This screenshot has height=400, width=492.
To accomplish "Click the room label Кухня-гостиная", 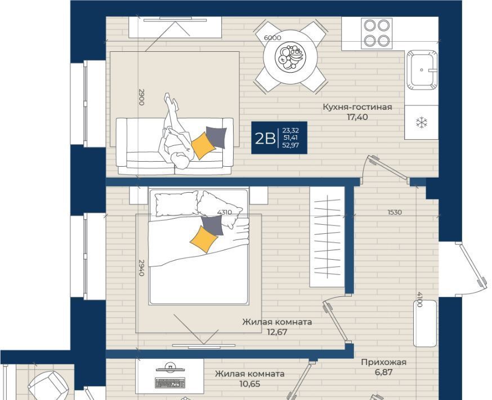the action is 357,107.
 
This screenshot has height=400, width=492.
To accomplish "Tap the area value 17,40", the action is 357,117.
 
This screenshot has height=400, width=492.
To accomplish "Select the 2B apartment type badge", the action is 279,137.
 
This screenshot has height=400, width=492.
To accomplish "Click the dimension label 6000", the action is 272,38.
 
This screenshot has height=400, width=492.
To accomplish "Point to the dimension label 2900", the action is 141,97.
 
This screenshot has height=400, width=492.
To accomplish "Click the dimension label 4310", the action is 225,212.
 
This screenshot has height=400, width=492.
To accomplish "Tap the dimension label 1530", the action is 395,212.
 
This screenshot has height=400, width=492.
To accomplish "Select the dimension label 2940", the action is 141,268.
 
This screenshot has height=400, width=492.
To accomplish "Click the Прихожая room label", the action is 383,362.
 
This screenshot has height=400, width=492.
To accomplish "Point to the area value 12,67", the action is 277,332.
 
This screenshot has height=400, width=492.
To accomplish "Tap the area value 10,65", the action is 250,384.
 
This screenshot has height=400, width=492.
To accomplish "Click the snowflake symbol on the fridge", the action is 422,122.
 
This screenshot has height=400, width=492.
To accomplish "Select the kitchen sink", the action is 422,70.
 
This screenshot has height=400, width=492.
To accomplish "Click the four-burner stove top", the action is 377,33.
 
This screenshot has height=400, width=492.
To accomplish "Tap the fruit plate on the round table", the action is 290,57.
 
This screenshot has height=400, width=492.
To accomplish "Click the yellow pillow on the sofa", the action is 203,146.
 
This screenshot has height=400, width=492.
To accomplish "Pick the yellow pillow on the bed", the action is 204,239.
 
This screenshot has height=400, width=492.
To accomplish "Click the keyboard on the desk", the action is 169,383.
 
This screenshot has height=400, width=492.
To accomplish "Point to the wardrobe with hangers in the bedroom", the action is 327,237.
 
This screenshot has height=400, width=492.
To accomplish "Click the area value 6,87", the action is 383,372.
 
